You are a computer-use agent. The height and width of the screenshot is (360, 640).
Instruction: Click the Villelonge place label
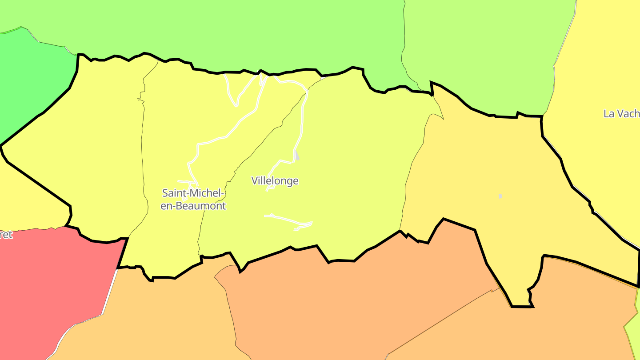point(275,181)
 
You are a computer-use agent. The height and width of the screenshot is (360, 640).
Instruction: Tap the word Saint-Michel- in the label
point(193,193)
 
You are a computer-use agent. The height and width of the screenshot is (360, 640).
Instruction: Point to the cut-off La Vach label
point(621,114)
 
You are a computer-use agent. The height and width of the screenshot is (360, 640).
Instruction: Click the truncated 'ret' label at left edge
point(6,235)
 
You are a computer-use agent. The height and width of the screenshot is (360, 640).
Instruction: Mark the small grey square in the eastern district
point(500,196)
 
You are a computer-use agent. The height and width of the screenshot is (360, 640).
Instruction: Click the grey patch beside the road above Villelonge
point(297,156)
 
